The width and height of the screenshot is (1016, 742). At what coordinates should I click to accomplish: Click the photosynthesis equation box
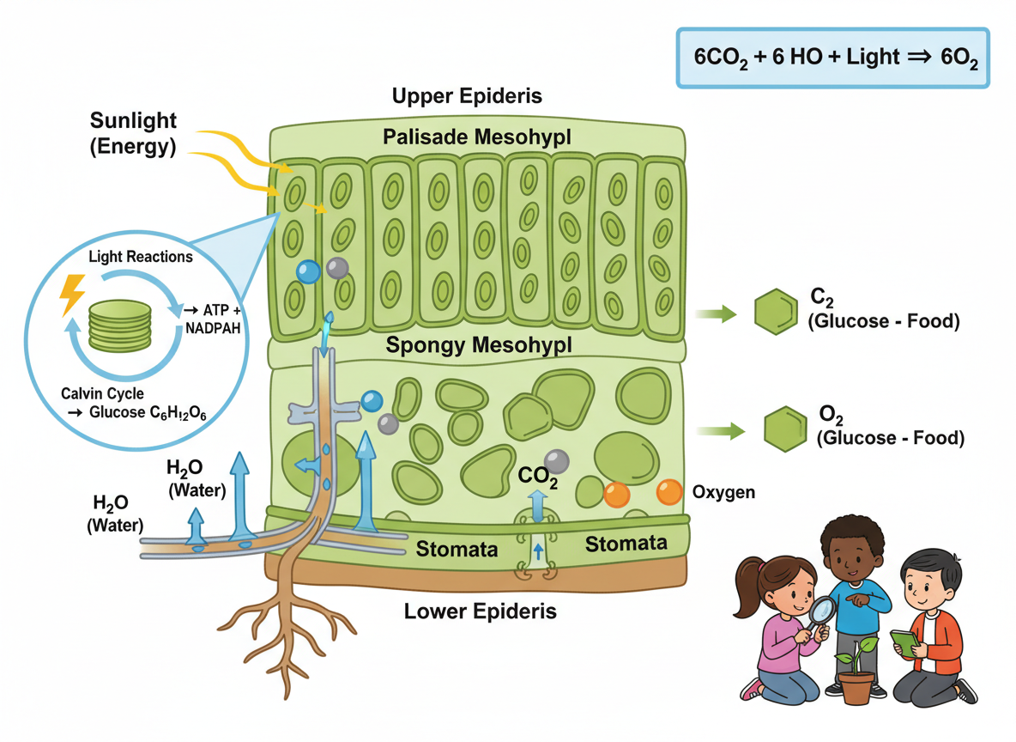(x=832, y=58)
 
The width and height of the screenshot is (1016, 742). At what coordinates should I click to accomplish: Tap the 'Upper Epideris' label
(x=467, y=95)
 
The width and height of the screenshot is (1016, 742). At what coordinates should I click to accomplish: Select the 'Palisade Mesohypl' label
(x=477, y=136)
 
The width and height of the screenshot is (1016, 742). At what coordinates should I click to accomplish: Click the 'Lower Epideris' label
(x=480, y=611)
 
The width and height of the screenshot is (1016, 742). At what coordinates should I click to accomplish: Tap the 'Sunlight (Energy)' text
(x=133, y=133)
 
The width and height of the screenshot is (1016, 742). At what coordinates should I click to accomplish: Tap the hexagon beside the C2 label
(x=776, y=311)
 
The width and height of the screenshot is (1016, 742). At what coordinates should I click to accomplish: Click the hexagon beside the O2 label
(x=784, y=427)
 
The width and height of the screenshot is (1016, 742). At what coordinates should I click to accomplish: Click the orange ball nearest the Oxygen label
(x=669, y=492)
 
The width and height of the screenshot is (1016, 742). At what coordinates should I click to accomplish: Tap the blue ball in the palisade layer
(x=307, y=271)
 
